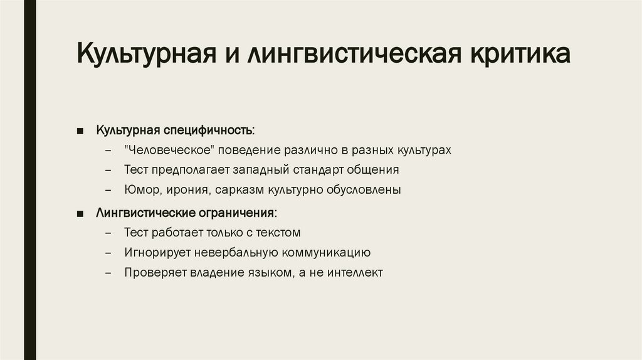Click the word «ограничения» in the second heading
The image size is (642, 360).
click(239, 213)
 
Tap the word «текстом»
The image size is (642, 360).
click(278, 233)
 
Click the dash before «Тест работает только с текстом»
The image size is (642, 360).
click(109, 233)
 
